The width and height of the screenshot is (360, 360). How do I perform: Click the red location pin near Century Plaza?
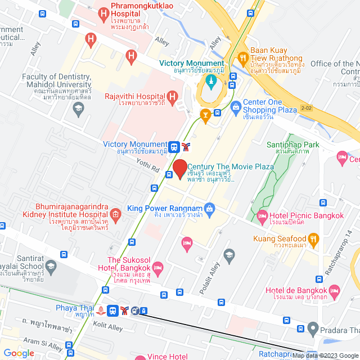click(180, 169)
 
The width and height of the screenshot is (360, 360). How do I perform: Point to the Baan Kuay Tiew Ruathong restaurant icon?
click(243, 57)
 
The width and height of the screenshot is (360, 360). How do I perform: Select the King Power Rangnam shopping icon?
click(209, 209)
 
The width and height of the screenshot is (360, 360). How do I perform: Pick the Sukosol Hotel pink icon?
click(158, 267)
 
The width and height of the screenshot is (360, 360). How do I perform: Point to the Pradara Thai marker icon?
click(313, 328)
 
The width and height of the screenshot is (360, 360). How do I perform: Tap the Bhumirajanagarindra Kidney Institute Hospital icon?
click(115, 213)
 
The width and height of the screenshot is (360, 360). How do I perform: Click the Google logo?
click(19, 353)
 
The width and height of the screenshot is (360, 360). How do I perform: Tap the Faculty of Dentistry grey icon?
click(78, 107)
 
